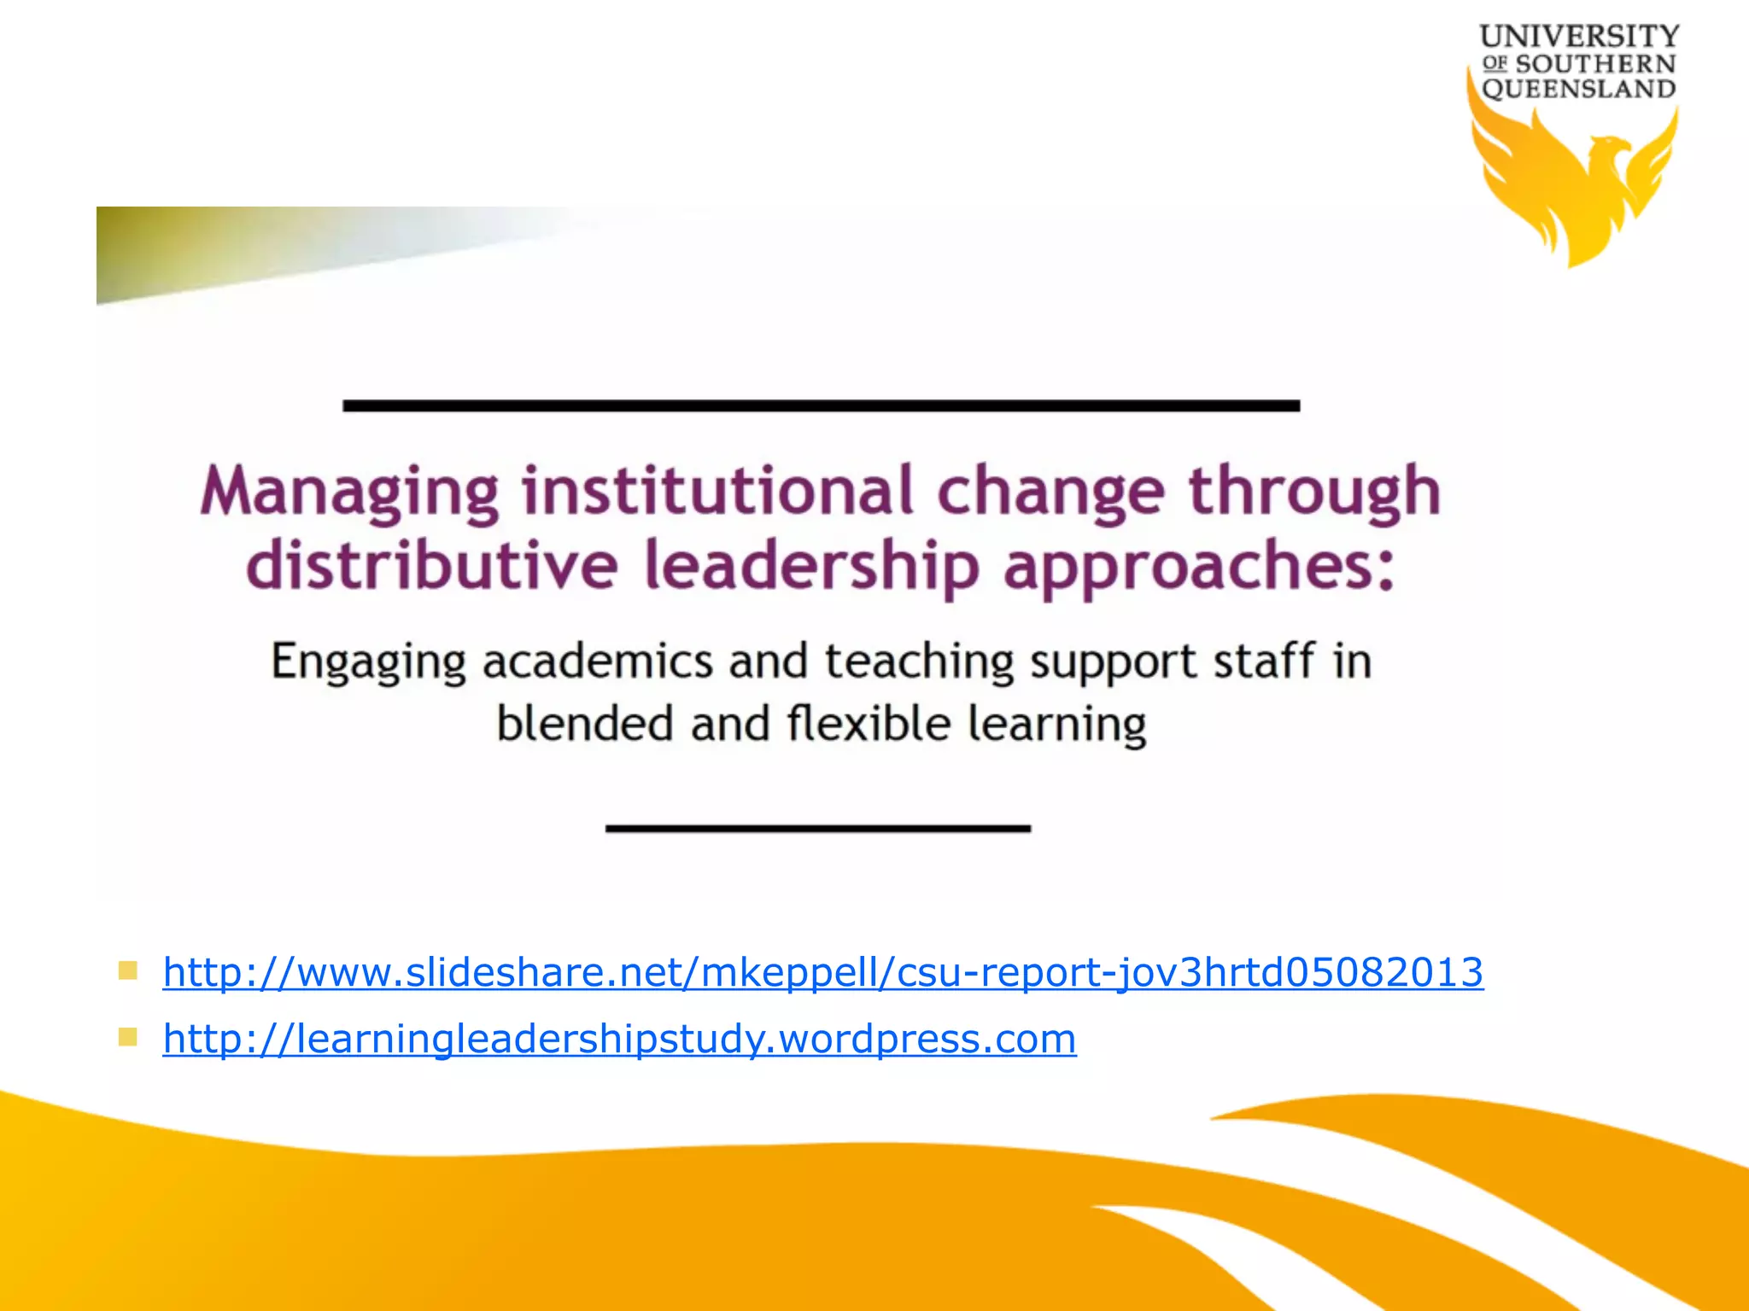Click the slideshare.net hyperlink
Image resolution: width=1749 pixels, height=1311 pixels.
tap(822, 972)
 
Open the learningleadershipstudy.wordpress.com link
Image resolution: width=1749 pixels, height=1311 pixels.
tap(619, 1039)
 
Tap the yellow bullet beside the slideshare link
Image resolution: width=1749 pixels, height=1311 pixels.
tap(128, 970)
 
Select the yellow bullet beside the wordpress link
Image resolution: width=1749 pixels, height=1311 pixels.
tap(128, 1037)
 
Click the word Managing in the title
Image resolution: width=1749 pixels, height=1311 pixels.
tap(348, 492)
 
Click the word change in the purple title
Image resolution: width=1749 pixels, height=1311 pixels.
tap(1050, 492)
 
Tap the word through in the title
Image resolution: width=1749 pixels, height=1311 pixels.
tap(1314, 492)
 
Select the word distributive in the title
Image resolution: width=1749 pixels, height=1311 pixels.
tap(431, 565)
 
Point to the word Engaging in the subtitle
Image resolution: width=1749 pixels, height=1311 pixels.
tap(368, 662)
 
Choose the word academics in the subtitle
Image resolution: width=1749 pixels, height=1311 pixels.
tap(598, 661)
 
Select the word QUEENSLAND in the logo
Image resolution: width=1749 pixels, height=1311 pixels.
tap(1578, 89)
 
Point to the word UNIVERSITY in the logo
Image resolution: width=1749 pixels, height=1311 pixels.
tap(1579, 37)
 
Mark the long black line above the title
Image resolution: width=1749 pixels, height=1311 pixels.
tap(821, 406)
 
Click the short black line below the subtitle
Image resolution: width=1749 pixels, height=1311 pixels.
tap(817, 828)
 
